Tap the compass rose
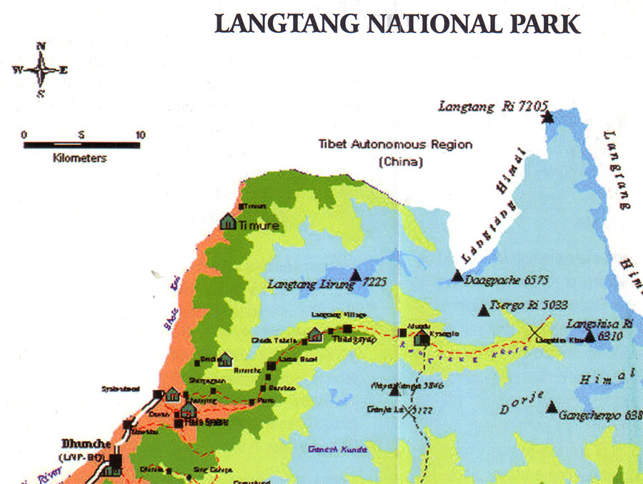[41, 70]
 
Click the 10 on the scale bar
[141, 135]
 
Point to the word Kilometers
[79, 158]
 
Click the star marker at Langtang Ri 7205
[547, 116]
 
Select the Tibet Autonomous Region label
[395, 145]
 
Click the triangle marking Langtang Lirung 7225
[356, 274]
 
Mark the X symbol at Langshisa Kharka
[534, 332]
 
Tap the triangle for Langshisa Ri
[589, 336]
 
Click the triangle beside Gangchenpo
[552, 407]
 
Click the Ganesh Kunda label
[337, 450]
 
